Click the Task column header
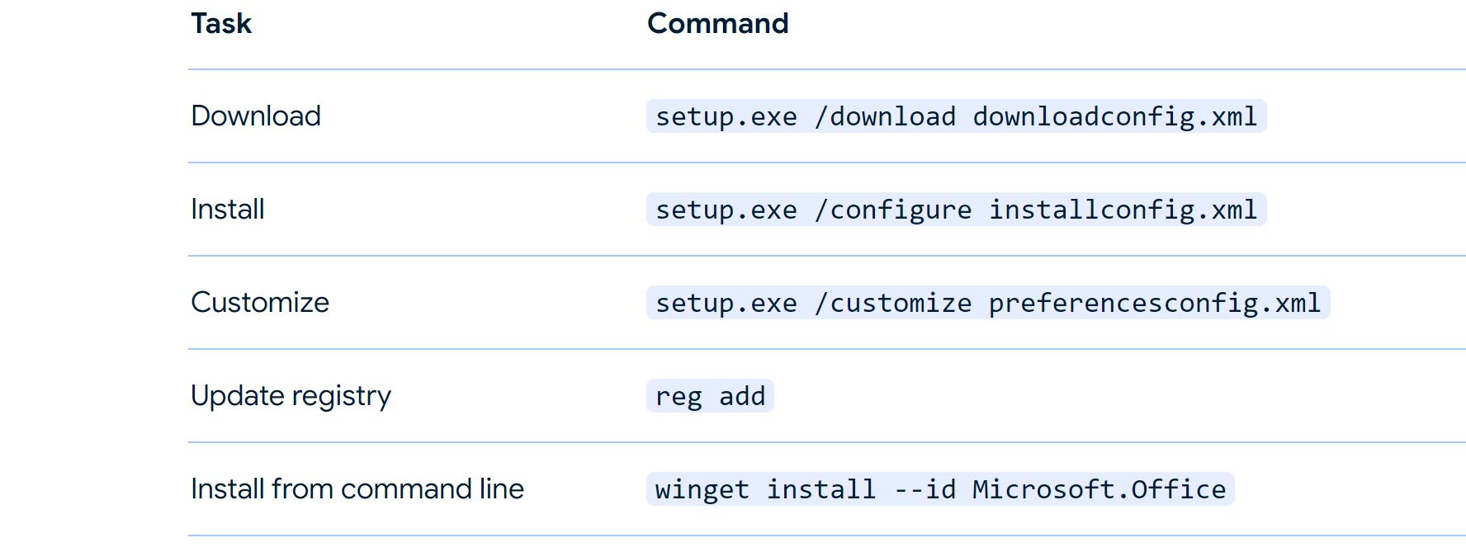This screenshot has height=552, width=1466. coord(221,23)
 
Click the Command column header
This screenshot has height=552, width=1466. coord(718,23)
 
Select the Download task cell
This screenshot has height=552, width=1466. coord(256,116)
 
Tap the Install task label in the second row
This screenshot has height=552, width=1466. coord(228,209)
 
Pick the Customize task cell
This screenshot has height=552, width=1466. coord(260,302)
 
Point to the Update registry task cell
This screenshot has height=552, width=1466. coord(291,396)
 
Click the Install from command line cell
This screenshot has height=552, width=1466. coord(357,488)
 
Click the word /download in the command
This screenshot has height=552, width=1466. coord(885,116)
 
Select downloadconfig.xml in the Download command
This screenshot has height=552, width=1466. coord(1115,116)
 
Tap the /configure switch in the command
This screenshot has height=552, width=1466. coord(893,210)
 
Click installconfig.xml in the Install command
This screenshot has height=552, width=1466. coord(1123,210)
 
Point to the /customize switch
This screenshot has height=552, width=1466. coord(893,303)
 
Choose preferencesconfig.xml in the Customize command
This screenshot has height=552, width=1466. coord(1155,303)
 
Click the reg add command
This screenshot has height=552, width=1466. coord(710,396)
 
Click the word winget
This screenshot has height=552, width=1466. coord(702,489)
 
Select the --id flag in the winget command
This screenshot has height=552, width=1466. coord(925,489)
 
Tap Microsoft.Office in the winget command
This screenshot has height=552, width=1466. coord(1099,489)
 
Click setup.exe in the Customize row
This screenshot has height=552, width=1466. coord(726,303)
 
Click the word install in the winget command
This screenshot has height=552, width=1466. coord(821,489)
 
